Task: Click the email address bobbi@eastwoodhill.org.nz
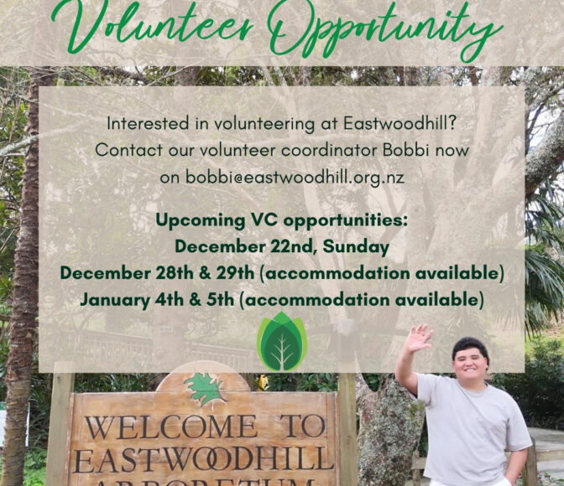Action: tap(295, 178)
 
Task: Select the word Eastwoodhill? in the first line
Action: tap(400, 123)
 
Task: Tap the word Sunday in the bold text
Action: tap(356, 247)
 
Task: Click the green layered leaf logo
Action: tap(282, 342)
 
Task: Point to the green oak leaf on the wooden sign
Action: tap(206, 388)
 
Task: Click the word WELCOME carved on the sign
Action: tap(170, 427)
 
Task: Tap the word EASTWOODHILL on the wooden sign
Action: tap(204, 460)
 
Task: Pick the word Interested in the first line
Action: tap(148, 124)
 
